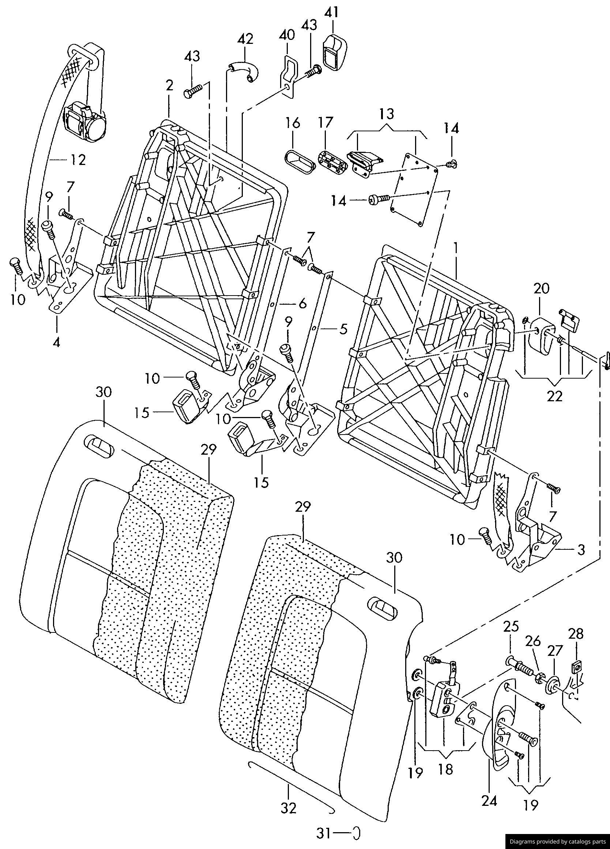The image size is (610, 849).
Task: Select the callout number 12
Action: [x=77, y=160]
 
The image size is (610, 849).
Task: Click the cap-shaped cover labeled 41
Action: [x=335, y=53]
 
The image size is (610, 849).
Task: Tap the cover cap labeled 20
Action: [x=542, y=336]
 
